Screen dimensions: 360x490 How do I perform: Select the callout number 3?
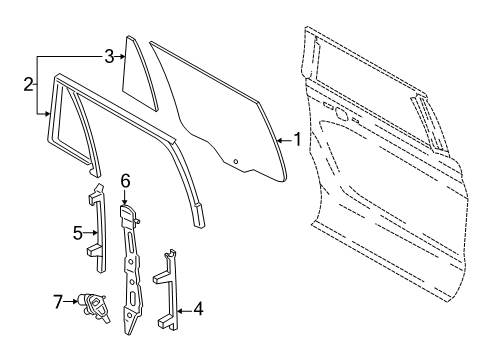point(109,58)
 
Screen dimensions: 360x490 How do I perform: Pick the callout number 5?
point(76,234)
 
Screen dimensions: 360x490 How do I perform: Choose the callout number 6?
point(126,181)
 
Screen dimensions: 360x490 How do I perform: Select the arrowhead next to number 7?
point(76,299)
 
